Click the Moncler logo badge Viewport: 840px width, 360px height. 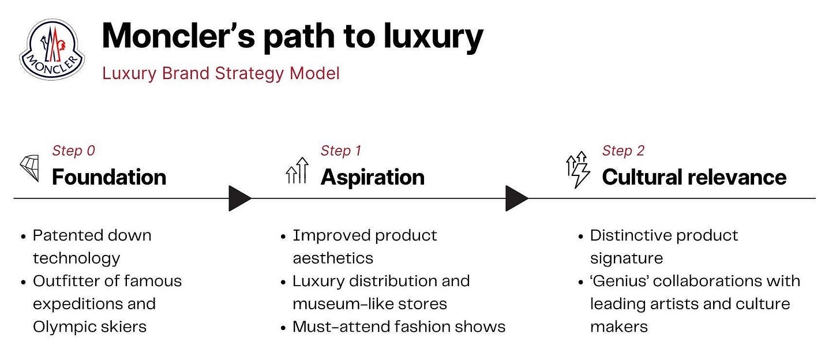52,49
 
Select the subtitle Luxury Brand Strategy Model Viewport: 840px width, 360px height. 221,74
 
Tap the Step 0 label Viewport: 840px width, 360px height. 73,151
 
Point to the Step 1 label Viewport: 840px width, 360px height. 341,151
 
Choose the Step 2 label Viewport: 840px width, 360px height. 623,151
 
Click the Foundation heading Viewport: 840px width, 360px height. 109,177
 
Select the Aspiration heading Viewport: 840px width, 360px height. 372,177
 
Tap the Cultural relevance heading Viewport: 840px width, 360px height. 694,177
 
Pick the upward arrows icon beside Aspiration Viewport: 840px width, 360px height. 298,171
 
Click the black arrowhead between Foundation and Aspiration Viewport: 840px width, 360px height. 239,198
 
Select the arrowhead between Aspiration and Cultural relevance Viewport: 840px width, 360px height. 516,198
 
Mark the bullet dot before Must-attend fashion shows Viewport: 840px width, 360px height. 283,328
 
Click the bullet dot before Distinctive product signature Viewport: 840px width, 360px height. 580,237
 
